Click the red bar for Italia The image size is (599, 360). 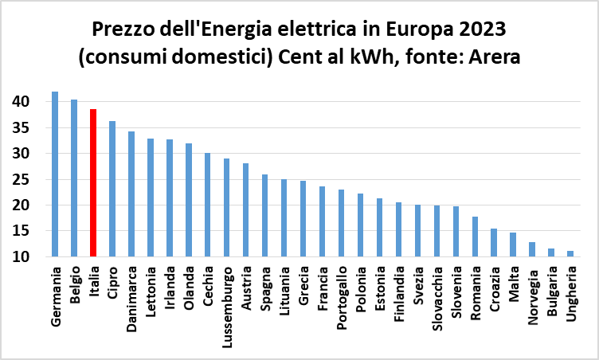pos(93,183)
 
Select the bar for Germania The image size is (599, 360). pos(55,174)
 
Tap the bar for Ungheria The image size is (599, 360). pos(570,253)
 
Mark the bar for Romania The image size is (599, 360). pos(475,237)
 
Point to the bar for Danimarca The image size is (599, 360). pos(131,194)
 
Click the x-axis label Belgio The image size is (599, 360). pos(74,286)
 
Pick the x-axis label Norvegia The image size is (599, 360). pos(532,292)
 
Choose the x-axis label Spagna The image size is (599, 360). pos(264,288)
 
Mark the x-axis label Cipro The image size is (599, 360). pos(112,284)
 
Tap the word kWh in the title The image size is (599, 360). pos(370,59)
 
